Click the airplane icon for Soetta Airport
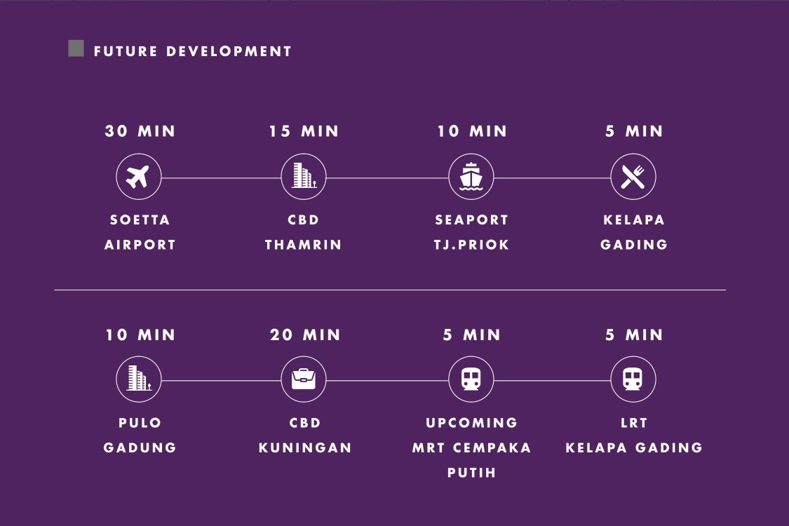[x=138, y=177]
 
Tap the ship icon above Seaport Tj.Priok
[x=471, y=177]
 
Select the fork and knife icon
[x=633, y=177]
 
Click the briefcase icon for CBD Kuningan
[x=304, y=379]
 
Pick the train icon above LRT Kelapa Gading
[x=633, y=379]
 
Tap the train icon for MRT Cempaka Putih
[x=471, y=379]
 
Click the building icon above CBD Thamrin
[x=304, y=175]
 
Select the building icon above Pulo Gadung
[x=139, y=378]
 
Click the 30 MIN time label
[x=140, y=131]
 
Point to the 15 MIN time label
[x=304, y=131]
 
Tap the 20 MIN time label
[x=305, y=335]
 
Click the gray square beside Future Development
[x=76, y=48]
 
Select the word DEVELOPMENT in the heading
[x=229, y=51]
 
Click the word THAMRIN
[x=304, y=245]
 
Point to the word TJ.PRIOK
[x=471, y=245]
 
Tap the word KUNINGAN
[x=305, y=447]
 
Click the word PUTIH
[x=471, y=473]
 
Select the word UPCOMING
[x=471, y=423]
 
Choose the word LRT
[x=634, y=423]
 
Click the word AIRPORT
[x=140, y=245]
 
